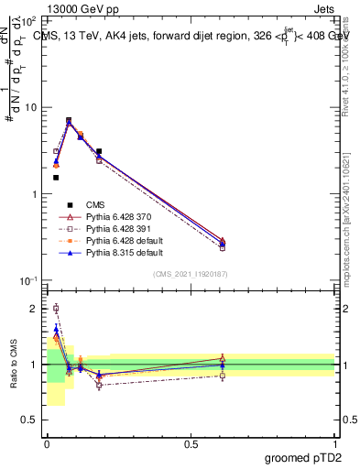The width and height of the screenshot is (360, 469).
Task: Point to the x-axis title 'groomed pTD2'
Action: point(304,458)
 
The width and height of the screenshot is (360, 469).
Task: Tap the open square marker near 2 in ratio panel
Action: point(56,309)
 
